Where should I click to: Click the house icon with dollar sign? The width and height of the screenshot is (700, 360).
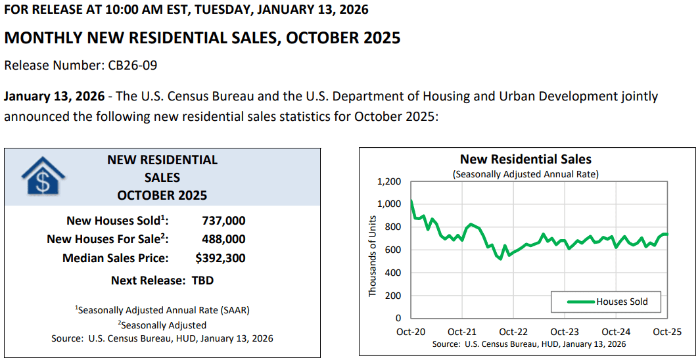coord(43,176)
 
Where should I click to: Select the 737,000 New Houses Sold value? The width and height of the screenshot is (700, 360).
coord(223,221)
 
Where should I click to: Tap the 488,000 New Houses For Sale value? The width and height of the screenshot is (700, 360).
coord(223,239)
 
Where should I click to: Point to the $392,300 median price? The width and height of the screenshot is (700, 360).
coord(220,258)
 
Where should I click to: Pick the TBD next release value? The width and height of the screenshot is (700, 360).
coord(202,281)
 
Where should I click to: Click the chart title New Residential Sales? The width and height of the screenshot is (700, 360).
coord(525,159)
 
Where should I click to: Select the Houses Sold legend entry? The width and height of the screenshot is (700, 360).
coord(622,302)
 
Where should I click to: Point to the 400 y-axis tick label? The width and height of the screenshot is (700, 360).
coord(393,273)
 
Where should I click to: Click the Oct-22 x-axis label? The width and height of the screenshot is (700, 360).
coord(513,332)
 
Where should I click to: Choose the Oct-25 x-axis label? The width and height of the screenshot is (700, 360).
coord(668,332)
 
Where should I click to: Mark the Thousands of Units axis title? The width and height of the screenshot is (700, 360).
coord(372,250)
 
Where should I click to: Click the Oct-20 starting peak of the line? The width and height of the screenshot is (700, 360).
coord(411,200)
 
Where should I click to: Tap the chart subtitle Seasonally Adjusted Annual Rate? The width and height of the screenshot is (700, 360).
coord(525,174)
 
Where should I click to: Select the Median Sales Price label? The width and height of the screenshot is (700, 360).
coord(115,258)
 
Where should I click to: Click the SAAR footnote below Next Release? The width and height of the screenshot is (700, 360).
coord(162,309)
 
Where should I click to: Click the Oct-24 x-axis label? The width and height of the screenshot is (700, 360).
coord(617,332)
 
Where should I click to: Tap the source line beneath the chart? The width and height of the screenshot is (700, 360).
coord(529,344)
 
